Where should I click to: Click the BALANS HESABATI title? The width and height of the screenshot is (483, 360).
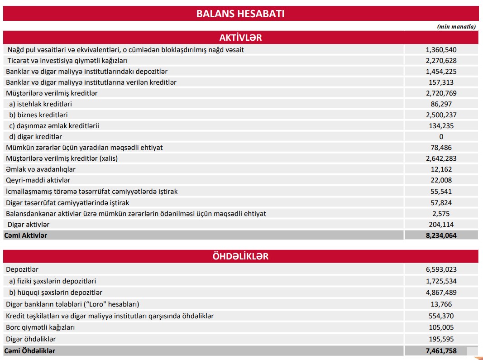[x=240, y=14]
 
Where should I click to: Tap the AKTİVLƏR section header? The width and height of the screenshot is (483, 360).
[x=240, y=38]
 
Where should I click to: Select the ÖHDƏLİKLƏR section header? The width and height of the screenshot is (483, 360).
[x=240, y=256]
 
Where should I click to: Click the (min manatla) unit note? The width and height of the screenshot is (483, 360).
[x=456, y=26]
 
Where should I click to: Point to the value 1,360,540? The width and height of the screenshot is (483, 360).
[x=441, y=50]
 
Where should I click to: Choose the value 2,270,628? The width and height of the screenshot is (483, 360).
[x=441, y=61]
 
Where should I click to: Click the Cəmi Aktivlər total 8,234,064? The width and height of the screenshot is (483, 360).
[x=441, y=235]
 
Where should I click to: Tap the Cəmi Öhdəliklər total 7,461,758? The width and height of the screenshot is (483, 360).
[x=441, y=350]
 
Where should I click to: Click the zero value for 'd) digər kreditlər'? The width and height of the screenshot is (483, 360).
[x=441, y=137]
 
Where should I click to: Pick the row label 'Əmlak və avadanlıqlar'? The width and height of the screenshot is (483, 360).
[x=41, y=169]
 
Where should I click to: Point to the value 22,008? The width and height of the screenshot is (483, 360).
[x=441, y=180]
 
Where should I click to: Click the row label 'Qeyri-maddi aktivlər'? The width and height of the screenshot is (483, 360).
[x=38, y=180]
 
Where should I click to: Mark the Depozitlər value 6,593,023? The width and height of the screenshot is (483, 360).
[x=441, y=269]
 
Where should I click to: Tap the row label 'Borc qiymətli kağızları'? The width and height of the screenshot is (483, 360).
[x=40, y=327]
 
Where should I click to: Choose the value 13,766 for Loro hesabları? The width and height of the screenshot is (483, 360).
[x=441, y=304]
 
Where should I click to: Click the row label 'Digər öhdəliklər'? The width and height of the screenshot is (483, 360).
[x=31, y=339]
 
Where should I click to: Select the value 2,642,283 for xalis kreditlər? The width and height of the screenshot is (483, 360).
[x=441, y=158]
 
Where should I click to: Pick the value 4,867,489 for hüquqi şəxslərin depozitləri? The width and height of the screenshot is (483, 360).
[x=441, y=293]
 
